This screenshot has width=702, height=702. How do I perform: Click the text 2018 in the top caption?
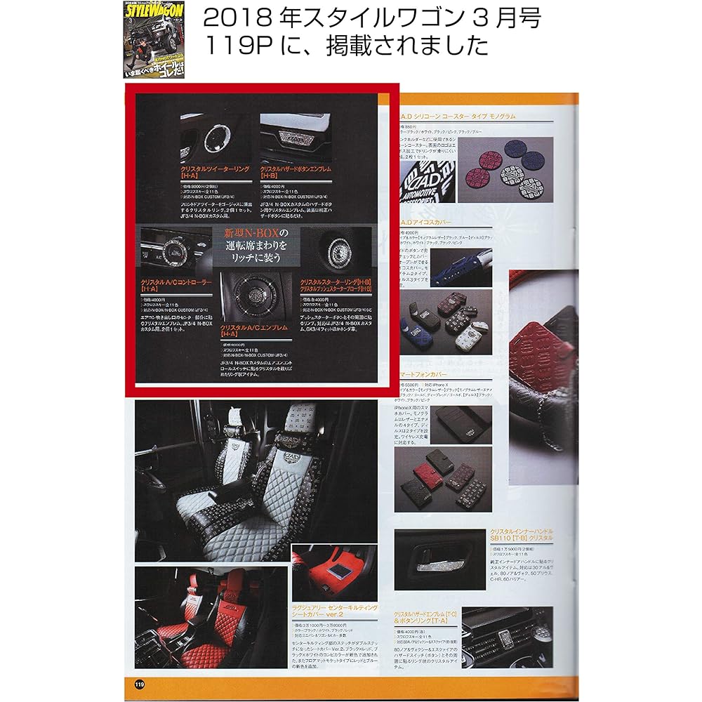click(x=226, y=19)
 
